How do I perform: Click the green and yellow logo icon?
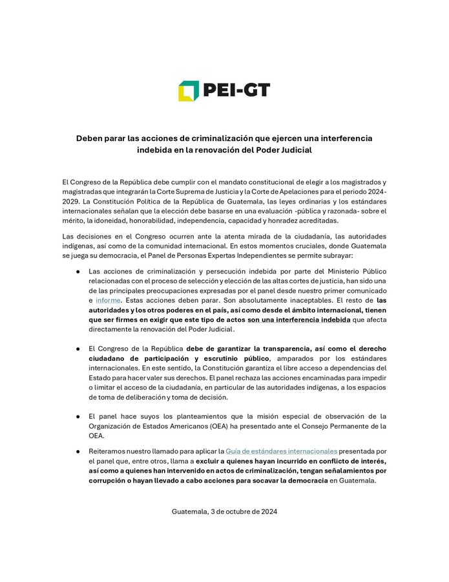(189, 91)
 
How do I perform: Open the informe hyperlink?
(107, 301)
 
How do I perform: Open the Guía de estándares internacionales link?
(281, 450)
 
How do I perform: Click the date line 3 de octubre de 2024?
(224, 511)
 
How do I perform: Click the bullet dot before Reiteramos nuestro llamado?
(78, 450)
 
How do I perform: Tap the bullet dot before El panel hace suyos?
(78, 416)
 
